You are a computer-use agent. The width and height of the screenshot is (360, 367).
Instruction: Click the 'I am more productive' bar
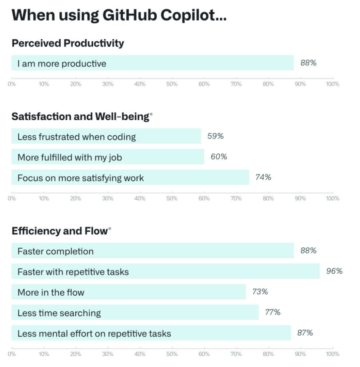153,63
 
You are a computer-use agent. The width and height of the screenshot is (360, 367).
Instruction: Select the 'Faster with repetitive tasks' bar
165,272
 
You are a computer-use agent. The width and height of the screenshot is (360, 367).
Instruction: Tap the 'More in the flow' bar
129,292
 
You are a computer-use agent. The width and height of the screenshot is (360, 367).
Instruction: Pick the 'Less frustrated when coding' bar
106,137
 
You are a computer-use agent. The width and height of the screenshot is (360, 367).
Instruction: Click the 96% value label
334,271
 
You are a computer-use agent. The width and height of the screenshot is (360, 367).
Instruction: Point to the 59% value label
215,136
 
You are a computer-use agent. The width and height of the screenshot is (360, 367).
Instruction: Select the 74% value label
263,177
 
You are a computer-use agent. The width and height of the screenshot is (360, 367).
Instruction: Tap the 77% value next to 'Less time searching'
273,313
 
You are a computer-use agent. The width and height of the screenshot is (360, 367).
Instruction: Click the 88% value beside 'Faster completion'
308,251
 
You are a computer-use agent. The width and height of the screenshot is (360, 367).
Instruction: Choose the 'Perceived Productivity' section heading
68,43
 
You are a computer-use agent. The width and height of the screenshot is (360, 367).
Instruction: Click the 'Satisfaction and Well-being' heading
80,117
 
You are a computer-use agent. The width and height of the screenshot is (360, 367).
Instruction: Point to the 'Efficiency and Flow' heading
59,231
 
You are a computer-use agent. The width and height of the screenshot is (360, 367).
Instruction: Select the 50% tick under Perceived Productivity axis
172,84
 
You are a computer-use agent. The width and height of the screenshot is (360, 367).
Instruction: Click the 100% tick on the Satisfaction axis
332,198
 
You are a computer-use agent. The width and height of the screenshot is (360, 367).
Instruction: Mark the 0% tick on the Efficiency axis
12,354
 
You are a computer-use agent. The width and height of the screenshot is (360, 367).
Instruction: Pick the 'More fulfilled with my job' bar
108,157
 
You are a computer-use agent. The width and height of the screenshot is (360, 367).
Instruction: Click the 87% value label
305,333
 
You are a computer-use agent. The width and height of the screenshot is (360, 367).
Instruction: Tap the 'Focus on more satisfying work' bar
130,178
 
